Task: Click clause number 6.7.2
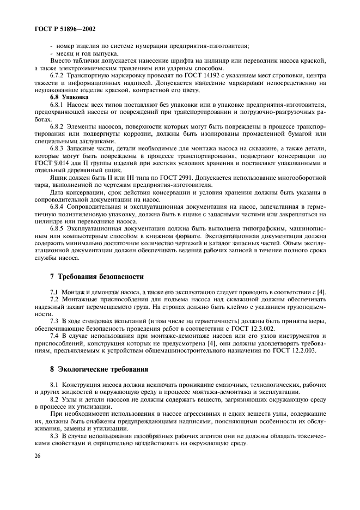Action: tap(59, 76)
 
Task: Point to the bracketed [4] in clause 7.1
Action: tap(322, 292)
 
